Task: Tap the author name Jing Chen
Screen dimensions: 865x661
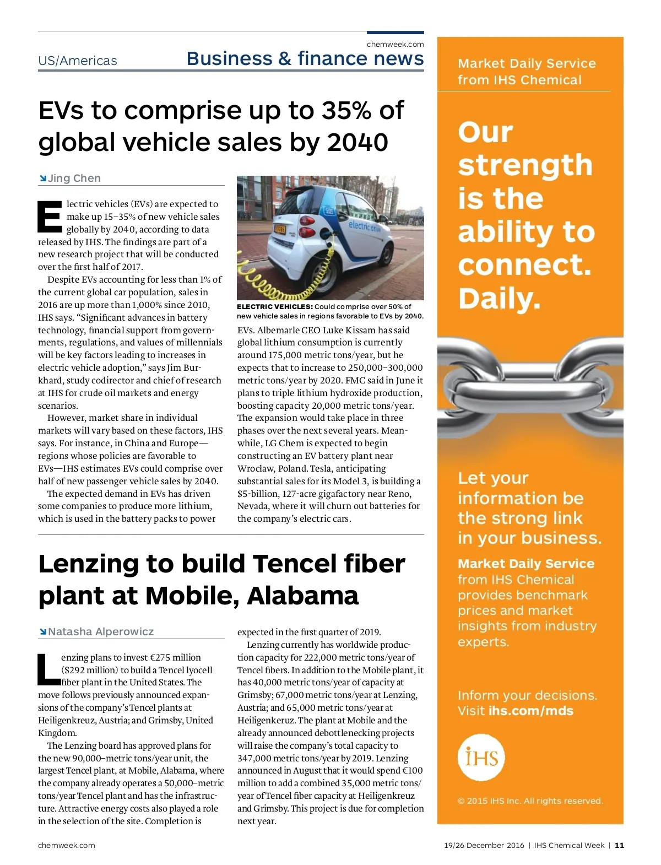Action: click(x=74, y=178)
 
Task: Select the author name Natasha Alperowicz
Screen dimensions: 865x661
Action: click(x=101, y=631)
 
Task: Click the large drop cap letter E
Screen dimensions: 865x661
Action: click(x=50, y=217)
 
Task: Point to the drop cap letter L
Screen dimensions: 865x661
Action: click(x=48, y=670)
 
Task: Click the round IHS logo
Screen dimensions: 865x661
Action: click(x=481, y=758)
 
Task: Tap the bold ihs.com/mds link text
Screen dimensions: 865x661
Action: click(x=531, y=711)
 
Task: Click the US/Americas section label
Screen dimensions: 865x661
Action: click(x=78, y=61)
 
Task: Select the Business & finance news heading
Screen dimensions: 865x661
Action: click(x=305, y=59)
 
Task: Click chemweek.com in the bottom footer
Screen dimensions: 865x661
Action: click(x=67, y=845)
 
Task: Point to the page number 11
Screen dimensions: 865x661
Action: click(x=620, y=845)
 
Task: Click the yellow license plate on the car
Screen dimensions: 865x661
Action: click(x=280, y=229)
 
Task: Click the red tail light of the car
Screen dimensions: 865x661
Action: click(x=305, y=220)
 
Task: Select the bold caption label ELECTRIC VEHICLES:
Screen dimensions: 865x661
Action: click(x=275, y=307)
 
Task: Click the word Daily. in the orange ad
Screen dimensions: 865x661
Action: click(x=500, y=299)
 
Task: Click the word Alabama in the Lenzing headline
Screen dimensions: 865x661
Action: click(x=303, y=596)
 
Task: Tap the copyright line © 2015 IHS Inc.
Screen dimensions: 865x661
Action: click(x=530, y=801)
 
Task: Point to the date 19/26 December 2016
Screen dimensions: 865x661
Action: click(x=484, y=845)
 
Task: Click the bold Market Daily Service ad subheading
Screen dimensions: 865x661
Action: click(x=526, y=564)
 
